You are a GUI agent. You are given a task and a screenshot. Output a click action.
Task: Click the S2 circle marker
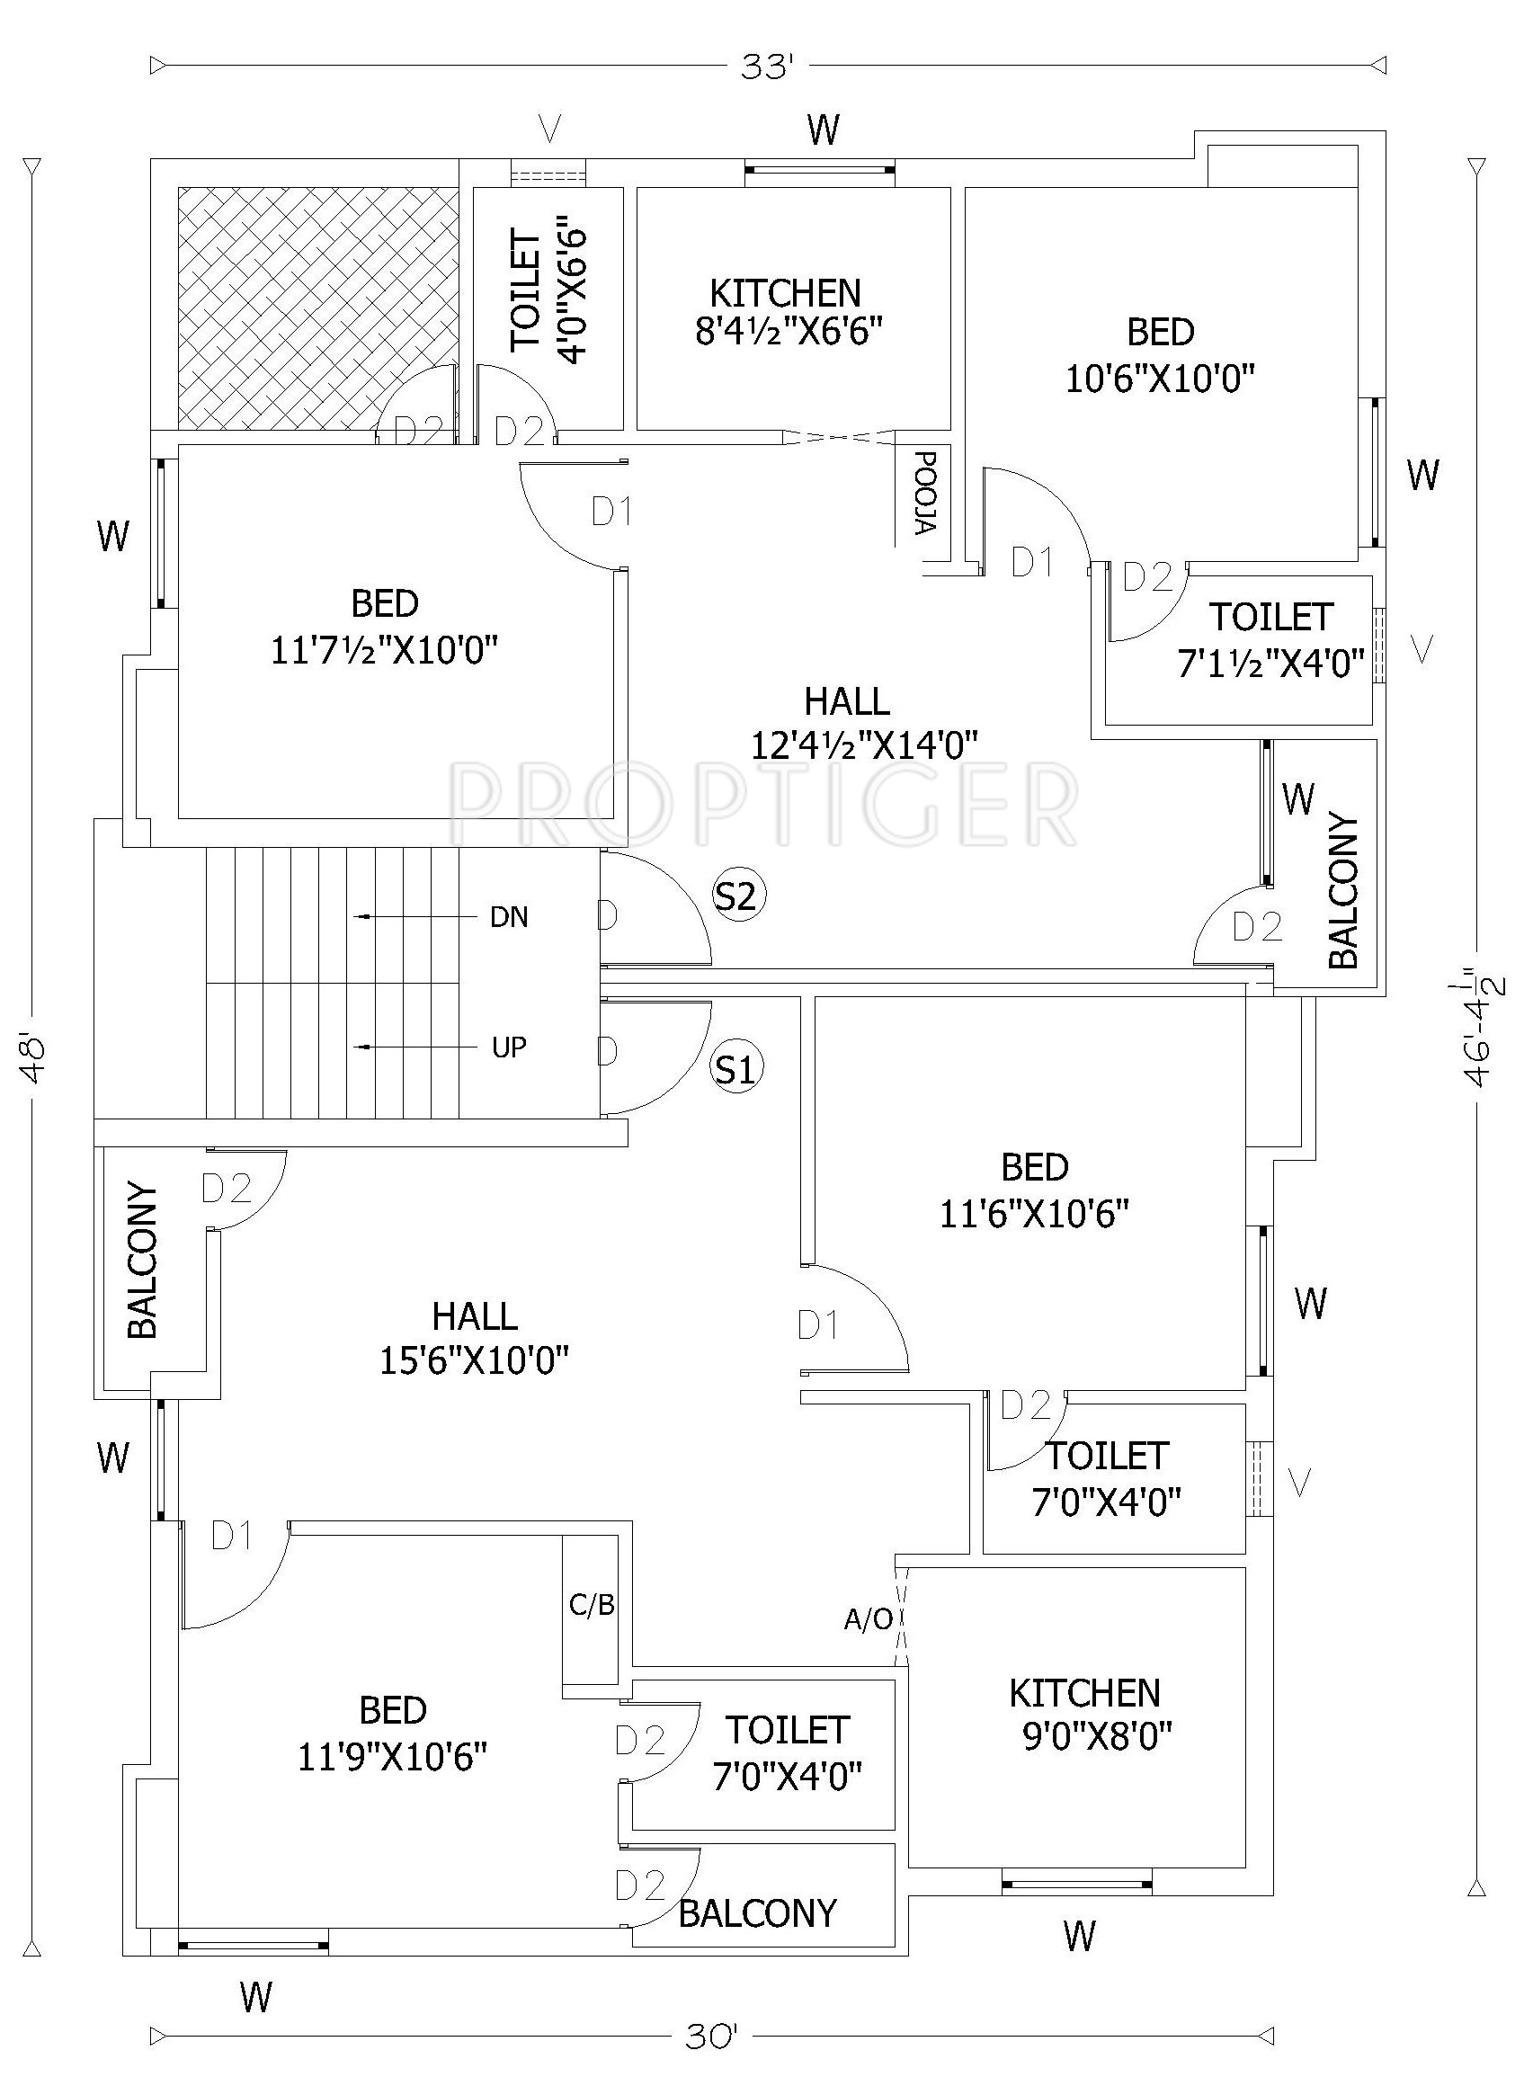tap(739, 896)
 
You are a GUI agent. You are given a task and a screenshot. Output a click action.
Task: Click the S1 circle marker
tap(736, 1070)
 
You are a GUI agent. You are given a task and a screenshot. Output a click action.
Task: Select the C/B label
tap(592, 1605)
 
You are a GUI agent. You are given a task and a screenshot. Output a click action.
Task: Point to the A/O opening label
tap(868, 1619)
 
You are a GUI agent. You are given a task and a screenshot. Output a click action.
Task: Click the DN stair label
tap(510, 918)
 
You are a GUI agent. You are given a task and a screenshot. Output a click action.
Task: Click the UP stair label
tap(509, 1047)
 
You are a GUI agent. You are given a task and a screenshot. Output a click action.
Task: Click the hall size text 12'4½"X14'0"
tap(865, 744)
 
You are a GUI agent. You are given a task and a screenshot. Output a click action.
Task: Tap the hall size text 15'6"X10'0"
tap(474, 1361)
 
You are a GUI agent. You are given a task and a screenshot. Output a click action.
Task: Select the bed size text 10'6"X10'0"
tap(1160, 379)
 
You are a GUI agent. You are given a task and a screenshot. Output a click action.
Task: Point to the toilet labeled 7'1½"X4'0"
tap(1270, 639)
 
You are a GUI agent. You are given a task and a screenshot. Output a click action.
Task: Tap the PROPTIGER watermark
tap(762, 803)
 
